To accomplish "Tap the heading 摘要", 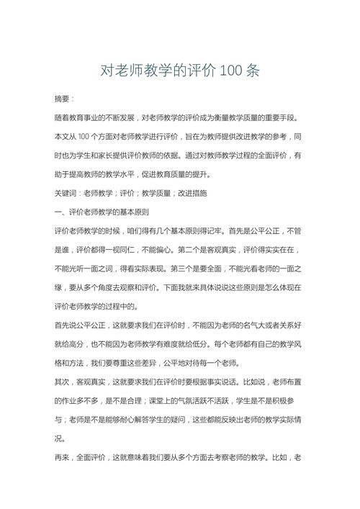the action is tap(63, 98).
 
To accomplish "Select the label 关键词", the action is tap(67, 194).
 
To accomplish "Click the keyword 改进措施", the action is tap(191, 194).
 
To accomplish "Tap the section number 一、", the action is tap(60, 212).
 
